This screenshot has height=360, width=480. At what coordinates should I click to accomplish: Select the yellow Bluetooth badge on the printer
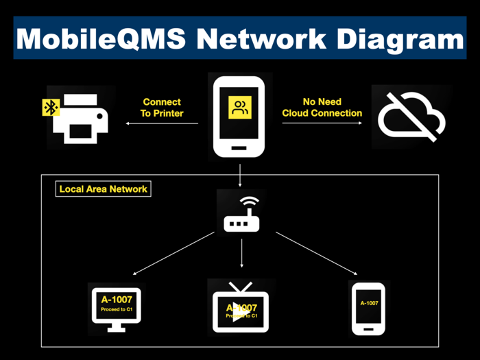[51, 107]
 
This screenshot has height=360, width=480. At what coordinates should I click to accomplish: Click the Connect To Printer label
[162, 108]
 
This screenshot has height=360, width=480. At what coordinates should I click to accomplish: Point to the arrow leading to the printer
[162, 124]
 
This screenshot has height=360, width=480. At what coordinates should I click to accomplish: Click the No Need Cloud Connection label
[322, 108]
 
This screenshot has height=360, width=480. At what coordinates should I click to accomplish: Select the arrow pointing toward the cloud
[322, 124]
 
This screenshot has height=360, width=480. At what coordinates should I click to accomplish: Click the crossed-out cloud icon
[411, 117]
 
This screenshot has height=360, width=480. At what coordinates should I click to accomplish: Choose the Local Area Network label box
[104, 189]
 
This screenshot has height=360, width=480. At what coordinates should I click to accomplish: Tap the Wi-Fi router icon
[241, 215]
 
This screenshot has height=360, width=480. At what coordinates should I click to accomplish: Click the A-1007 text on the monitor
[117, 299]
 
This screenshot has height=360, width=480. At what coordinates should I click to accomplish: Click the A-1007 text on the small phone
[369, 302]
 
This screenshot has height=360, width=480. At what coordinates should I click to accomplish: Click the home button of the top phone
[240, 146]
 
